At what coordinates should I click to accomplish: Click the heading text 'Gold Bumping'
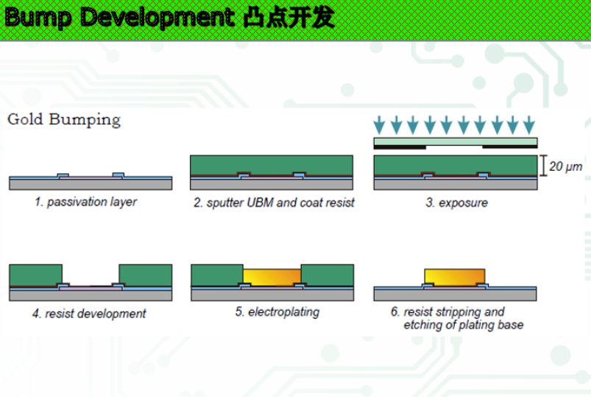point(64,119)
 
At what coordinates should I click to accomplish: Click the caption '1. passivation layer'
point(85,202)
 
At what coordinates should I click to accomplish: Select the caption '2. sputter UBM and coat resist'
point(274,203)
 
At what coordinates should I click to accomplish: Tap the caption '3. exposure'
point(456,203)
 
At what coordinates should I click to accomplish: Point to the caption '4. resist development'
point(89,314)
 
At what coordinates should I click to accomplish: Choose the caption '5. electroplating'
point(277,312)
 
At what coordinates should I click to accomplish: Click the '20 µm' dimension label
point(566,167)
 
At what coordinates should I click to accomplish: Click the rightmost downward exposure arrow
point(529,123)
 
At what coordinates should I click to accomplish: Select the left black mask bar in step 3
point(400,147)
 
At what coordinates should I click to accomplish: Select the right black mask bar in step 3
point(510,147)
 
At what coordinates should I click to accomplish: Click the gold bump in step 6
point(455,276)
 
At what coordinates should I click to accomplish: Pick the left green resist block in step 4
point(35,275)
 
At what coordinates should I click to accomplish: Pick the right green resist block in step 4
point(145,275)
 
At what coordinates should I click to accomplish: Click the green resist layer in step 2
point(271,164)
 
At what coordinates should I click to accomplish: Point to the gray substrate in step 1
point(91,185)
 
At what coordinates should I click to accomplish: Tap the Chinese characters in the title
point(288,18)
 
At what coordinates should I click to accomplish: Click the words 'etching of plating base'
point(464,325)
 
